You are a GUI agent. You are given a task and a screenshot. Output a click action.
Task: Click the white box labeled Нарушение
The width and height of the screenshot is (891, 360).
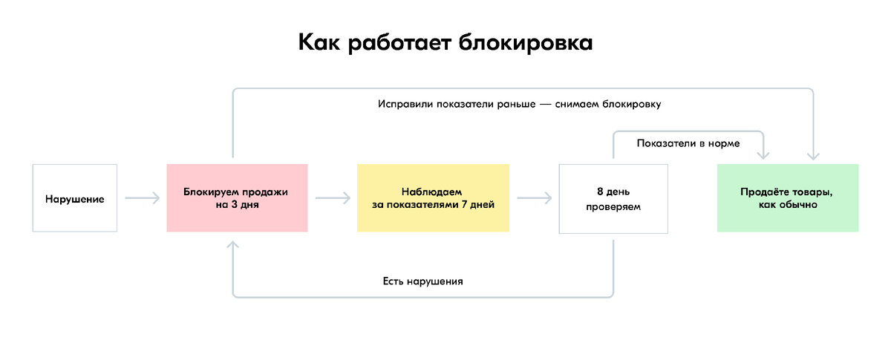[x=74, y=198]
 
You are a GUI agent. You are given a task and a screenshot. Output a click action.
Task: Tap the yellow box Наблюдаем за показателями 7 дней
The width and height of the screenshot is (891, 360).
[x=433, y=198]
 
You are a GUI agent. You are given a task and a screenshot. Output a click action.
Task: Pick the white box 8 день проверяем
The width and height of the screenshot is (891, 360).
[x=613, y=198]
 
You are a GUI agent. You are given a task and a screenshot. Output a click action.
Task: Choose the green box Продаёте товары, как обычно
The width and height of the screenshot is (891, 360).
[x=787, y=198]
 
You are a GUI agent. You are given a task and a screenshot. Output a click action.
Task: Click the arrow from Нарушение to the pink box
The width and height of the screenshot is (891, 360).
[x=143, y=198]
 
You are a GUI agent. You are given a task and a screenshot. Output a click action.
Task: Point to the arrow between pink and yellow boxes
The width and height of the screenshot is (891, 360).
[x=333, y=198]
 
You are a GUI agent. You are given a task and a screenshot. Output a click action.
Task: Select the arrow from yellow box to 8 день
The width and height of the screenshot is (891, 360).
[x=535, y=198]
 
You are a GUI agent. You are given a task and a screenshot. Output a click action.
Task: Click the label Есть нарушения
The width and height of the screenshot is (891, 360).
[x=422, y=281]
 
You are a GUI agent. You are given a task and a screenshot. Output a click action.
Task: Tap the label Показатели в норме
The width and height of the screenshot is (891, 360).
[x=688, y=143]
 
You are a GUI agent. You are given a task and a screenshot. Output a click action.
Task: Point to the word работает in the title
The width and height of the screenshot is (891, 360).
[x=394, y=42]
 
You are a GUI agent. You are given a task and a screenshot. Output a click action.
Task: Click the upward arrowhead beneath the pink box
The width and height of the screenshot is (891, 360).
[x=233, y=246]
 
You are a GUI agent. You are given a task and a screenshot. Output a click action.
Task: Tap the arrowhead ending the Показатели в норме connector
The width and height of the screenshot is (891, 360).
[x=763, y=155]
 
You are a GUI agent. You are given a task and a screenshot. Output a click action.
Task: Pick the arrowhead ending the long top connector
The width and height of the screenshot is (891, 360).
[x=813, y=155]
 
